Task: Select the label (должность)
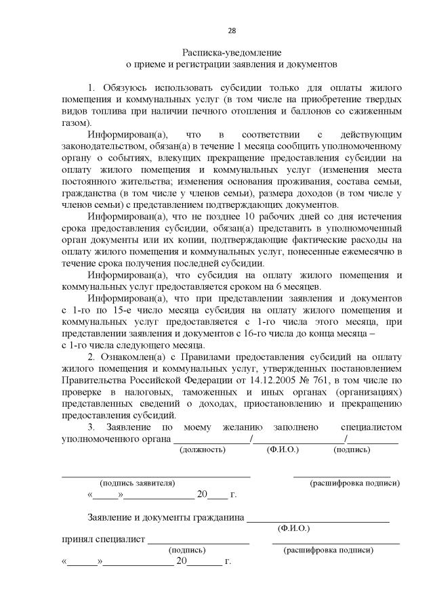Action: (x=201, y=450)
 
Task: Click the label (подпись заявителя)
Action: (x=137, y=483)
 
